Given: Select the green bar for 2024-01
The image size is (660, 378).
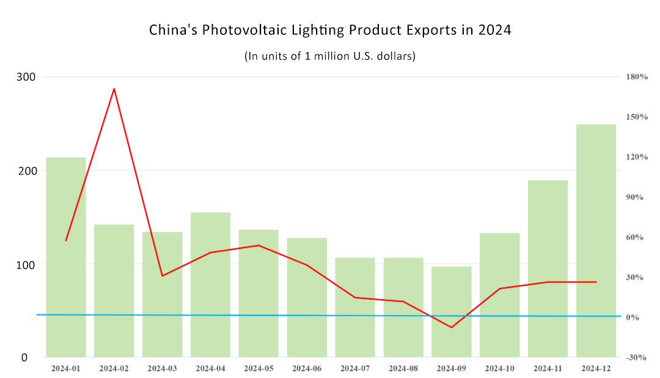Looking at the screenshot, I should coord(66,257).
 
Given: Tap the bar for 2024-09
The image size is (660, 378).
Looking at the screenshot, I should coord(452,312).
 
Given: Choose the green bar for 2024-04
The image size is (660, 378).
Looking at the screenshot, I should coord(210,284).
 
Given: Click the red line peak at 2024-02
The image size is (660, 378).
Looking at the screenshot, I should coord(114,89).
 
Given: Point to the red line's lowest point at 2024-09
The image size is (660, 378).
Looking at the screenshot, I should coord(452,327).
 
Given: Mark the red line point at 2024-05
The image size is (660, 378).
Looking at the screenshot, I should coord(258,245).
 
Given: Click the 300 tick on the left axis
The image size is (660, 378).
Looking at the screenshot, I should coord(29,77).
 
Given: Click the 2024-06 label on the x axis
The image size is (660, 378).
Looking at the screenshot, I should coord(307,369).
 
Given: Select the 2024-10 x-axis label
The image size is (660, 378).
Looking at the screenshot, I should coord(500,369).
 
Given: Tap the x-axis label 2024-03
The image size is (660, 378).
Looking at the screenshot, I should coord(162,369).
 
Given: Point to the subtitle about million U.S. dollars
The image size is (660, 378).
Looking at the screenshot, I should coord(330,56).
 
